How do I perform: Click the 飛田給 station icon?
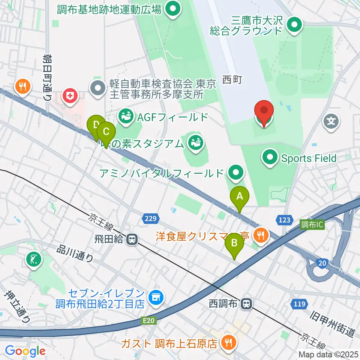click(x=131, y=239)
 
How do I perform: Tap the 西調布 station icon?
click(x=246, y=303)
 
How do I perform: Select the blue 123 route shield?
click(x=285, y=219)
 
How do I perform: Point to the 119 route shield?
click(x=299, y=304)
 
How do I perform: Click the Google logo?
click(x=25, y=351)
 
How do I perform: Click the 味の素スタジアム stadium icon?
click(x=195, y=142)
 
